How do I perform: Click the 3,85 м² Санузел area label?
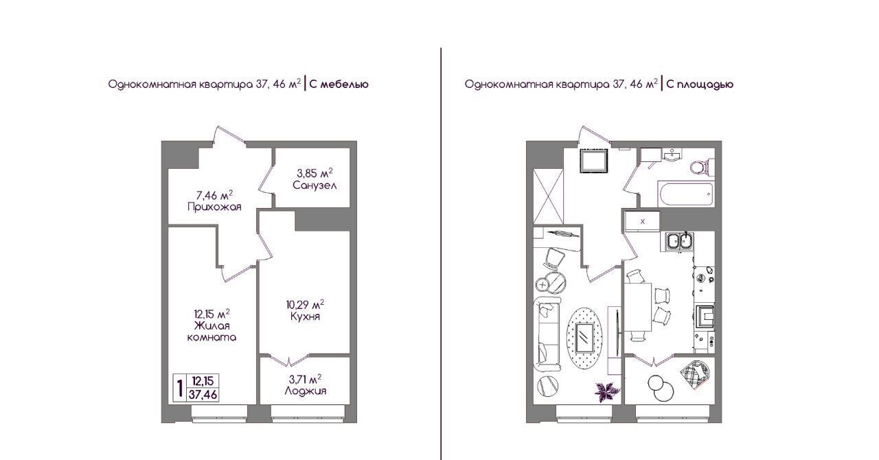pos(315,179)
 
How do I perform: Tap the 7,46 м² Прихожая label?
pos(214,201)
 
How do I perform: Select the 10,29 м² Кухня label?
pos(306,310)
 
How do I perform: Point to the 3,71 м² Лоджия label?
pos(306,384)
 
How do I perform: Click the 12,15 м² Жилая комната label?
pos(212,325)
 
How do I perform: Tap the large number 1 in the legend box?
pos(180,388)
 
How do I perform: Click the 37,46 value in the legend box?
pos(203,395)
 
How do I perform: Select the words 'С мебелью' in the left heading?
pos(339,84)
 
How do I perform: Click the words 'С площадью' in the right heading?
pos(700,84)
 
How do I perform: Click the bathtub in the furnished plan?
pos(686,194)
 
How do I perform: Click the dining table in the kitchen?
pos(638,308)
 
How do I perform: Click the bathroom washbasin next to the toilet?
pos(672,154)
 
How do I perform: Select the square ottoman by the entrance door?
pos(594,161)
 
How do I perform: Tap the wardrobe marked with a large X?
pos(548,196)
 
